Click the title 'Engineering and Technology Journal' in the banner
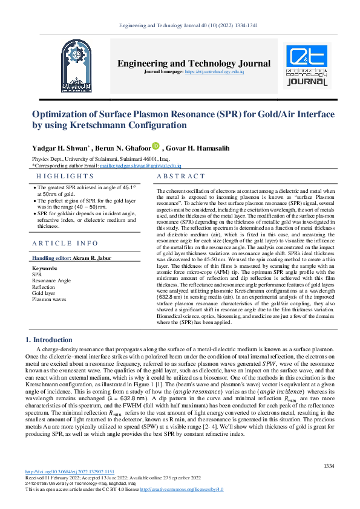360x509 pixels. [x=194, y=63]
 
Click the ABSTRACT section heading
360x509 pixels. [x=181, y=176]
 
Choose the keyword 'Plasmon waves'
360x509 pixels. [x=50, y=299]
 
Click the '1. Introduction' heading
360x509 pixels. [x=51, y=340]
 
